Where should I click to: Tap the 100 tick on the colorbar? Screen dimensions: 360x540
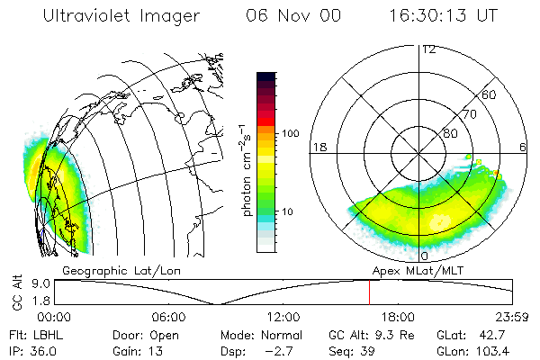point(290,133)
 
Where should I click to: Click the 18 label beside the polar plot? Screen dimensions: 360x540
point(319,147)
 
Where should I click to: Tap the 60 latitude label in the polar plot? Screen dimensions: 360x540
point(490,94)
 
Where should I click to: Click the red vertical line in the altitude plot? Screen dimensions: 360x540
point(369,293)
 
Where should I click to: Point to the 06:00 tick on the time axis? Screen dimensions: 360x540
point(168,318)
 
